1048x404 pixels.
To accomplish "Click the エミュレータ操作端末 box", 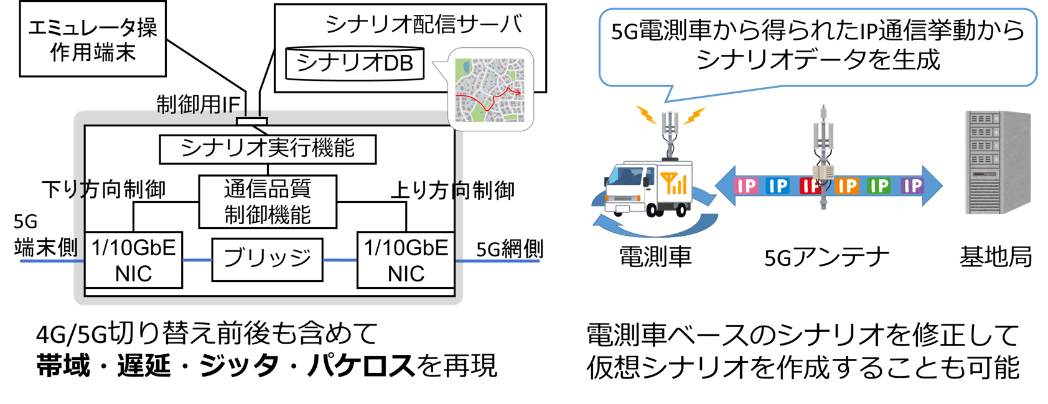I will (93, 39).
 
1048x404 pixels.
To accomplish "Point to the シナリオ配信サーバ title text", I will (423, 24).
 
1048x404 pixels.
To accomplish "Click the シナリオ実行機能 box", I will (268, 149).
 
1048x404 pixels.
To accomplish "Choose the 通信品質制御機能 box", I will (268, 202).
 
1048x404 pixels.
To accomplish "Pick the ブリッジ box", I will (268, 259).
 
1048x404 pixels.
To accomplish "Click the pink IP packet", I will (746, 186).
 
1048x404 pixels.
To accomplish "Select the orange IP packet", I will (847, 186).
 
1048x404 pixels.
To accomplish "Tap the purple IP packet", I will (912, 186).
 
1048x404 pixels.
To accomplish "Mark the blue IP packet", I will (778, 186).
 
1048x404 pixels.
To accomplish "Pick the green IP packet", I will (879, 186).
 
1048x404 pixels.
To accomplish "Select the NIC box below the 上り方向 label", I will (406, 260).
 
